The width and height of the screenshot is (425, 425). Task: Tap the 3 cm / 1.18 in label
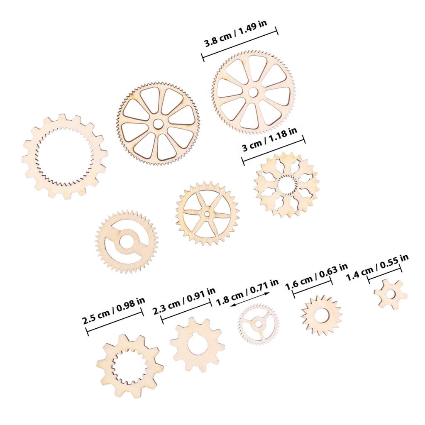269,140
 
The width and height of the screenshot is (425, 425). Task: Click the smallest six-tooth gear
390,294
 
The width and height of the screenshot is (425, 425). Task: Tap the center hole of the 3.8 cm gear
253,92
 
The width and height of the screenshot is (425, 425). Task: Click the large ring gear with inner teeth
64,156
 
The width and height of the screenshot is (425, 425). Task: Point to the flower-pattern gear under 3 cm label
286,185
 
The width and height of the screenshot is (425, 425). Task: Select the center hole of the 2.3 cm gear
198,344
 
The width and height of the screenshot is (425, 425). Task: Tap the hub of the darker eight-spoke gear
158,123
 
